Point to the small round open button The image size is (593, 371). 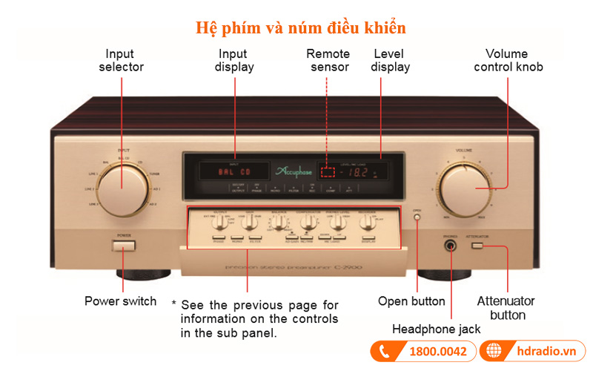(417, 217)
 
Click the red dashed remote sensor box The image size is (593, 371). (328, 171)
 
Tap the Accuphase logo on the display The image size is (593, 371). (279, 171)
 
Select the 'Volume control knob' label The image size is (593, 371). (508, 60)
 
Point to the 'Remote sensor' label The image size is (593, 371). (328, 60)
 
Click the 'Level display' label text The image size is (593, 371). (391, 60)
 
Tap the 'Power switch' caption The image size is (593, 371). (120, 301)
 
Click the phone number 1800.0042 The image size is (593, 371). (438, 351)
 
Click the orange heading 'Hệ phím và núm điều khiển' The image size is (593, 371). (300, 28)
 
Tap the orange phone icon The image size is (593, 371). (385, 351)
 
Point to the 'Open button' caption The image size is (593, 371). (411, 301)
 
